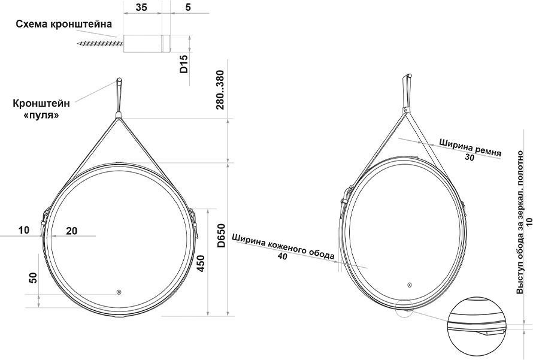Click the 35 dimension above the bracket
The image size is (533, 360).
pos(141,7)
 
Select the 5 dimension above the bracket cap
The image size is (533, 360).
pos(188,7)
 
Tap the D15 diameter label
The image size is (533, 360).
pos(184,64)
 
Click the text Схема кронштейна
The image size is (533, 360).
pos(64,24)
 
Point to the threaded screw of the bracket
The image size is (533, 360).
pos(100,44)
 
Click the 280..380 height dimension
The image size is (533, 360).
pos(220,90)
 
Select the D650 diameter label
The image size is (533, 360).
pos(222,235)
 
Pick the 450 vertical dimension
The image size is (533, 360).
pos(201,263)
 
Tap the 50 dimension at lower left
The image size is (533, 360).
pos(33,278)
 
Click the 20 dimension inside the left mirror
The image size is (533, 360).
pos(71,231)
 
